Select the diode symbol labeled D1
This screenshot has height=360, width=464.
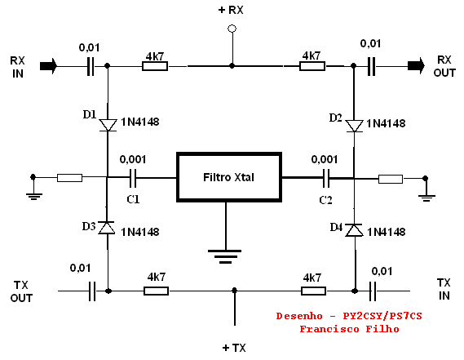(108, 125)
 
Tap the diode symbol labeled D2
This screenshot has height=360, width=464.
(354, 126)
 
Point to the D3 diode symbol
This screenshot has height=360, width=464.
(107, 228)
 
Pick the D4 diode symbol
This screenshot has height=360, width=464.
(354, 230)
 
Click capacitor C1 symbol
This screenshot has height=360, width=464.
(133, 178)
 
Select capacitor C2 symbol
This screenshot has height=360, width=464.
(326, 178)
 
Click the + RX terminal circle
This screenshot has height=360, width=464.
(232, 29)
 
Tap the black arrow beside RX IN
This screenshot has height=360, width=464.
(48, 66)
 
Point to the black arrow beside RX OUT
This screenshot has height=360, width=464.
(416, 66)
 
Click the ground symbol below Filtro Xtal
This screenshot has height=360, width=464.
(225, 256)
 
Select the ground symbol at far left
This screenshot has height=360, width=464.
(34, 197)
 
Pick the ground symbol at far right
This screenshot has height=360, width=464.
(426, 198)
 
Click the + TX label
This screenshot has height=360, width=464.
(234, 348)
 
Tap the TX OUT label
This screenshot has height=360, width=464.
(21, 291)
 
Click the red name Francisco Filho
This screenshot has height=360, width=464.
(349, 329)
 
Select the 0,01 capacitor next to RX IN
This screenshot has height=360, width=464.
(91, 66)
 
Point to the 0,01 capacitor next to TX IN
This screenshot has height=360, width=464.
(373, 291)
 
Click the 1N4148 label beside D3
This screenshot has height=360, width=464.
(140, 232)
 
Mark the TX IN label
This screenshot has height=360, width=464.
(444, 289)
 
